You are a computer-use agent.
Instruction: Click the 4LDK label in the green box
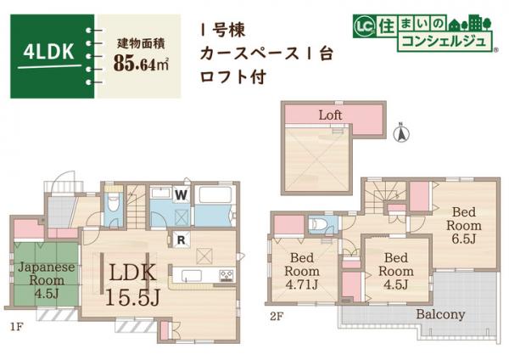pos(48,50)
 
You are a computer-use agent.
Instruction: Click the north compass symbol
pos(402,132)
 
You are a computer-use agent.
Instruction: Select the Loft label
pos(331,114)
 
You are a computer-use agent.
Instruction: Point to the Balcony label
pos(439,314)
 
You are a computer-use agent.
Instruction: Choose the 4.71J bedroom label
pos(302,271)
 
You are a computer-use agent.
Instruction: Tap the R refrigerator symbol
pos(181,240)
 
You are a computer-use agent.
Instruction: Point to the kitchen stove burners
pos(227,273)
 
